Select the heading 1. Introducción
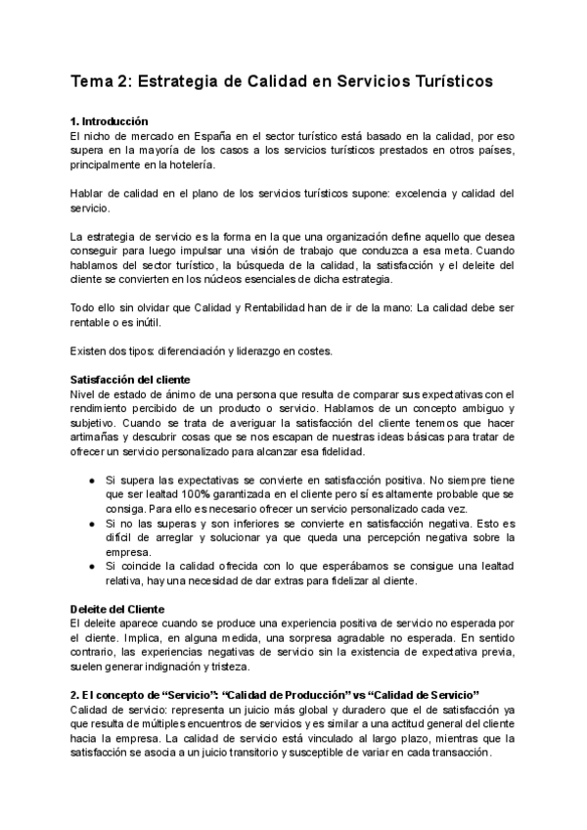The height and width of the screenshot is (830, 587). [x=111, y=119]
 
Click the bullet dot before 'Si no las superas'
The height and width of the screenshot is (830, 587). [x=91, y=529]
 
